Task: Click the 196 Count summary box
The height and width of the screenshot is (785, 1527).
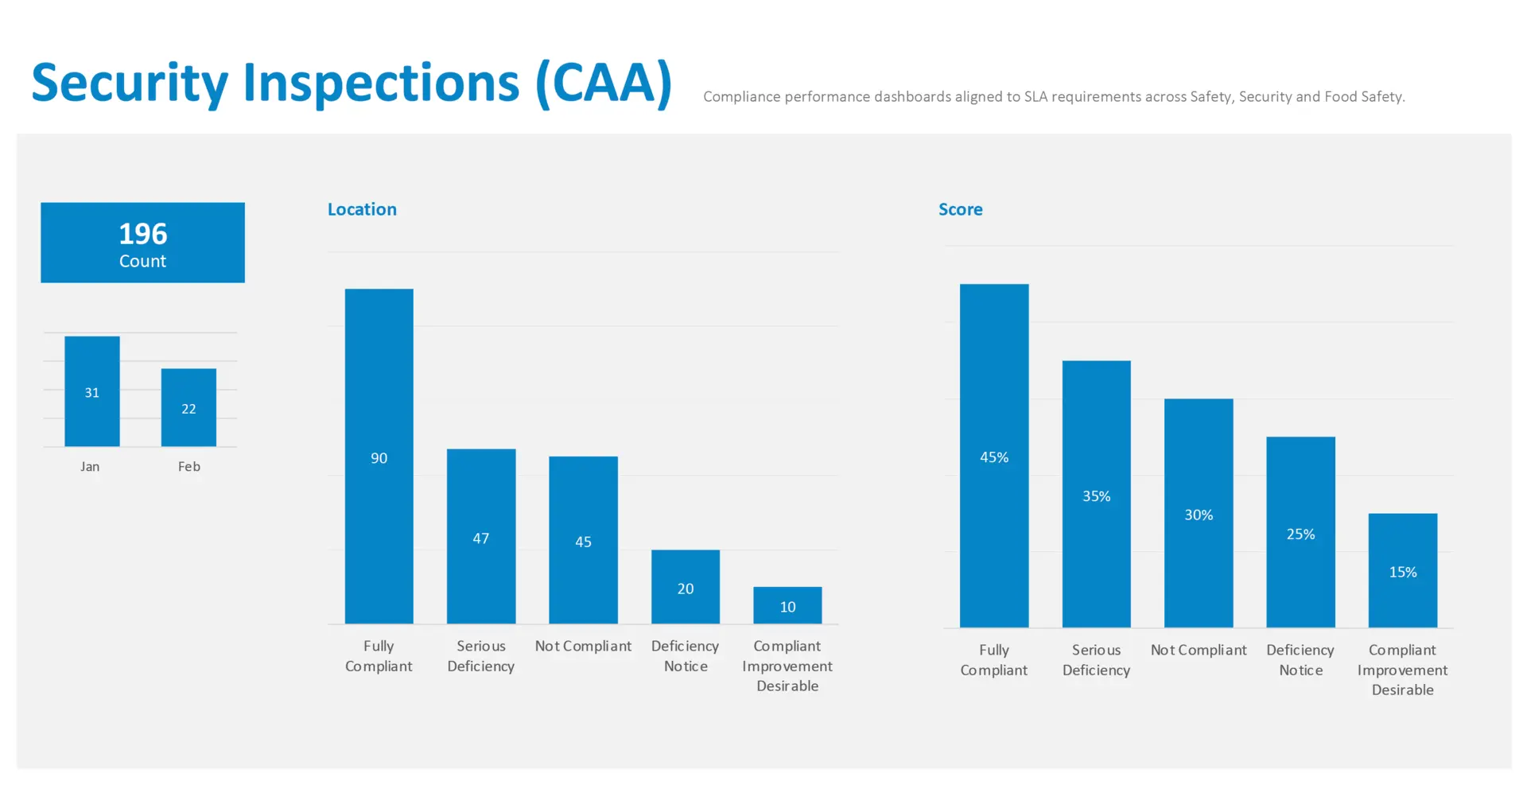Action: (142, 243)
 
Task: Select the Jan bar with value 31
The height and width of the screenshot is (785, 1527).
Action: (92, 391)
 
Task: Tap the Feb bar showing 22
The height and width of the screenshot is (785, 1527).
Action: (188, 407)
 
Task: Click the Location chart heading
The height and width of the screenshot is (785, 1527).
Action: (362, 209)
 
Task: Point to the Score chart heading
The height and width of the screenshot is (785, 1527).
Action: (960, 209)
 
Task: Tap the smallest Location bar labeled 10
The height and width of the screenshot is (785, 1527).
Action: (787, 605)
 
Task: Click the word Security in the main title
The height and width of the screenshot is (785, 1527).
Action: (130, 84)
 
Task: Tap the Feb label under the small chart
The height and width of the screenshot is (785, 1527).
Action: (189, 467)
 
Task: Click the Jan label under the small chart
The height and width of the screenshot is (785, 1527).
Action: (90, 467)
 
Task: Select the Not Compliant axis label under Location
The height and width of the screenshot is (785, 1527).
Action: (583, 646)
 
